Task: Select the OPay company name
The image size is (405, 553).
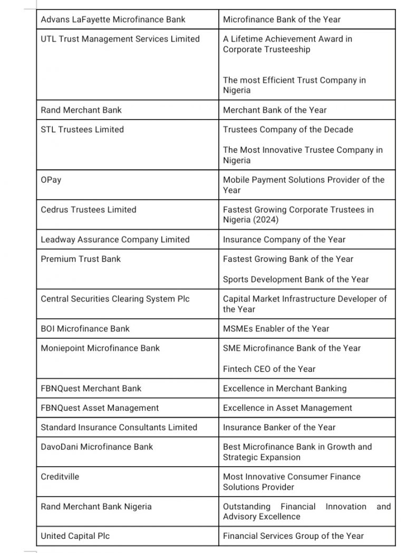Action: coord(51,180)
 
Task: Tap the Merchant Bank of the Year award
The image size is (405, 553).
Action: coord(275,110)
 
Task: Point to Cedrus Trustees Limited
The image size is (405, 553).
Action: coord(89,210)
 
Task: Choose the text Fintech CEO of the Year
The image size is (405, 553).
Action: coord(269,369)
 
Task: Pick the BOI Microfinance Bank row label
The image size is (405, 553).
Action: coord(85,329)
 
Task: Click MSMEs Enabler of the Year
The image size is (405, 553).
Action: coord(276,329)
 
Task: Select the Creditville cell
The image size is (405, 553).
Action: coord(60,477)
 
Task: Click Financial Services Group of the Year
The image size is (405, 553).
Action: coord(293,536)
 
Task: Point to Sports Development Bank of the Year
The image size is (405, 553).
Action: coord(296,279)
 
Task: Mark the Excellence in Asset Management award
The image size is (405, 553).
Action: coord(287,408)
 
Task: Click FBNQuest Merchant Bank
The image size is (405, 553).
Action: coord(91,388)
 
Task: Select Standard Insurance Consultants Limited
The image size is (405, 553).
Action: coord(119,427)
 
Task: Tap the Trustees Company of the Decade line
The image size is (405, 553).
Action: coord(288,130)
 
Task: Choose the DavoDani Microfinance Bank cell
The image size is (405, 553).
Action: coord(97,447)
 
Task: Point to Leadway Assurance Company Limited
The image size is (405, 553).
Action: coord(115,240)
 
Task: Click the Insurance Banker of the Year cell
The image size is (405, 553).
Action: coord(279,427)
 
